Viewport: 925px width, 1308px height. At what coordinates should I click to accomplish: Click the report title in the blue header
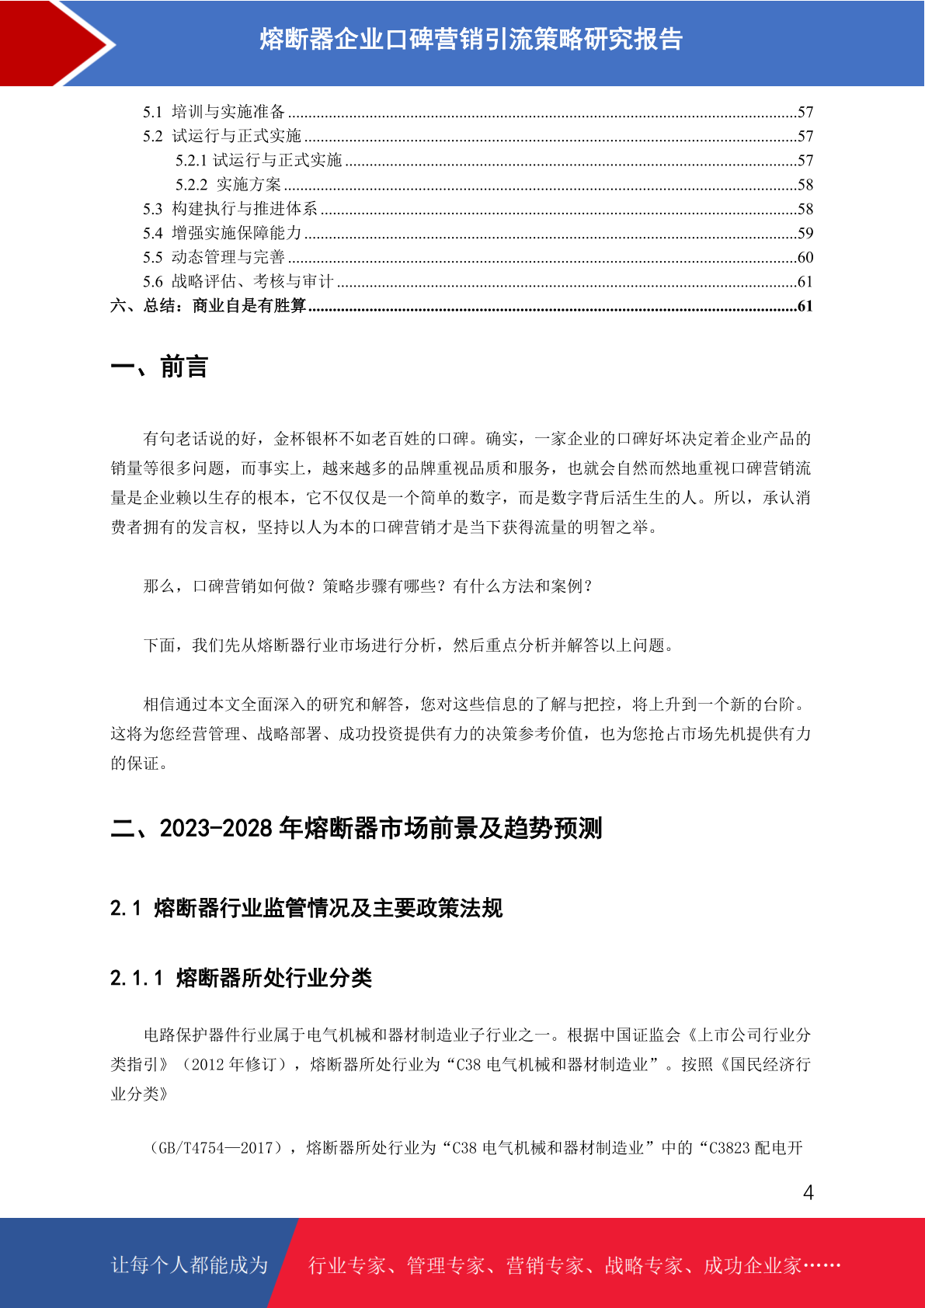471,39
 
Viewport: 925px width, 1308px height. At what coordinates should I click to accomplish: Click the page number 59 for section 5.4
805,233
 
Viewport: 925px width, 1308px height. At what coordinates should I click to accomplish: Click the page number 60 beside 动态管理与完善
805,257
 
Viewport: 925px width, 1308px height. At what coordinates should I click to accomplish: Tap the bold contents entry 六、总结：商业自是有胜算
208,305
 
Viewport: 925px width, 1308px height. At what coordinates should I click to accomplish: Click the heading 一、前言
159,367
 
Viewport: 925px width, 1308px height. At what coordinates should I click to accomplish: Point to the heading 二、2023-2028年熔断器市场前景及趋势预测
356,828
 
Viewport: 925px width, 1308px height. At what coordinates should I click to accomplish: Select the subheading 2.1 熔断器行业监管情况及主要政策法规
306,908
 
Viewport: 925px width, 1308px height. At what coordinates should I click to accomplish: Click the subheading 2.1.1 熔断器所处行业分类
241,978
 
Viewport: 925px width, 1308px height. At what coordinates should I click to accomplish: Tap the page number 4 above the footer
808,1192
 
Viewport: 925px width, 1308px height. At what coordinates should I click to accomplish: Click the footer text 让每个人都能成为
190,1265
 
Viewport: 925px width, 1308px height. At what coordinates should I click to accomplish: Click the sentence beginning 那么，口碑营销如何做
368,586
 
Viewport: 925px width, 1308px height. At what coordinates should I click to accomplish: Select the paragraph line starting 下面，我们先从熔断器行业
407,645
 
